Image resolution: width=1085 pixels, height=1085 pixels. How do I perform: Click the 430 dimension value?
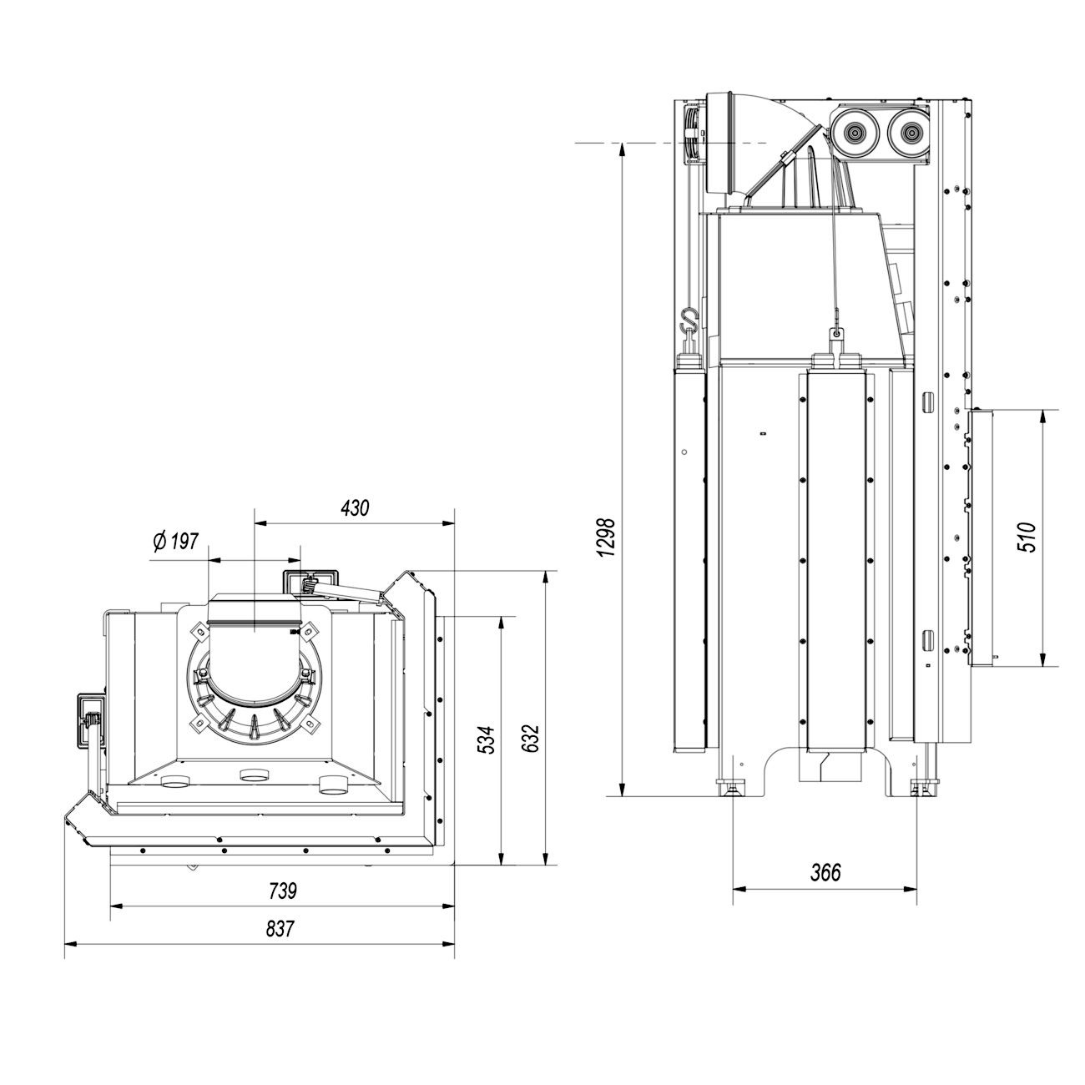pyautogui.click(x=355, y=507)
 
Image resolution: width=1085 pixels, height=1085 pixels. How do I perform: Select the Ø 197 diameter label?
pyautogui.click(x=176, y=542)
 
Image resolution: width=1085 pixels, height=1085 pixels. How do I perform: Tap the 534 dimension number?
pyautogui.click(x=488, y=740)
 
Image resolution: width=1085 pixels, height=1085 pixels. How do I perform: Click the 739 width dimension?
pyautogui.click(x=283, y=891)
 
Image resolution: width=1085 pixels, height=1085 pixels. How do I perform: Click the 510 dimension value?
pyautogui.click(x=1027, y=537)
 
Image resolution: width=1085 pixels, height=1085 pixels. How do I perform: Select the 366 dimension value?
pyautogui.click(x=825, y=873)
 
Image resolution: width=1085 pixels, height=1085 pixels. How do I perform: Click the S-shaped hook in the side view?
pyautogui.click(x=688, y=320)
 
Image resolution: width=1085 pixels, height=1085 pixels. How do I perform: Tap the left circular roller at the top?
pyautogui.click(x=854, y=133)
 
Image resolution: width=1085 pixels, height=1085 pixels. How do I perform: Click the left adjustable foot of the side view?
pyautogui.click(x=733, y=786)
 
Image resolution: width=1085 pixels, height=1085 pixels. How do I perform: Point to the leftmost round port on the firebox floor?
pyautogui.click(x=176, y=784)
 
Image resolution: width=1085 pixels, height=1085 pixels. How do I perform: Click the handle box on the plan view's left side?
pyautogui.click(x=87, y=719)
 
